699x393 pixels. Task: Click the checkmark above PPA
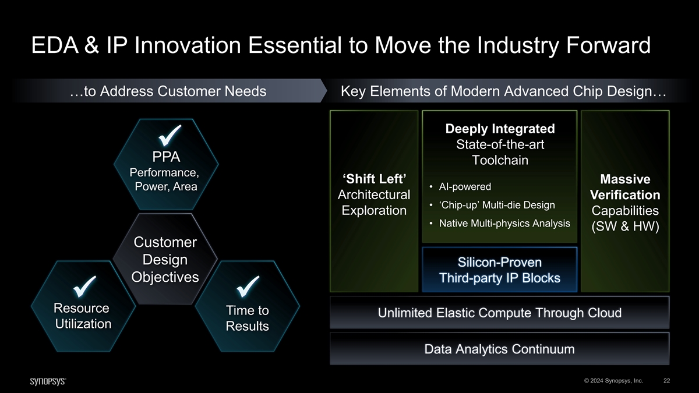click(x=170, y=136)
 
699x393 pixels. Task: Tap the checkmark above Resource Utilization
click(x=84, y=286)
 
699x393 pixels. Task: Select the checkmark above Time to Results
click(x=248, y=286)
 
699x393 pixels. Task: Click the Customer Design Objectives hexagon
click(x=165, y=259)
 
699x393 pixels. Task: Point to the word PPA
click(x=166, y=157)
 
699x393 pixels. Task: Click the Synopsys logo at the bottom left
click(x=48, y=381)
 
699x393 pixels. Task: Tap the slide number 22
click(x=666, y=381)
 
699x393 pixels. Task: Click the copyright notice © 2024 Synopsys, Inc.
click(x=613, y=381)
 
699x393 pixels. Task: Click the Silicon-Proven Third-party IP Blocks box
click(x=500, y=270)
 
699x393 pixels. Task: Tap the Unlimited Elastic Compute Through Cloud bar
click(x=500, y=313)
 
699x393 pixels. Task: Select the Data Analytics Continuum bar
click(x=500, y=349)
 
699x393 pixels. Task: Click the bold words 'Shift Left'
click(x=374, y=179)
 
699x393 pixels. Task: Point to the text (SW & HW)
click(x=625, y=226)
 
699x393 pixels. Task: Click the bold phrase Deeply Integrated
click(x=500, y=129)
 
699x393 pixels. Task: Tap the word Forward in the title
click(x=608, y=45)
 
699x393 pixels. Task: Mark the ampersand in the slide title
click(x=91, y=45)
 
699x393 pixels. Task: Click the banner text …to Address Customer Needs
click(x=168, y=91)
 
